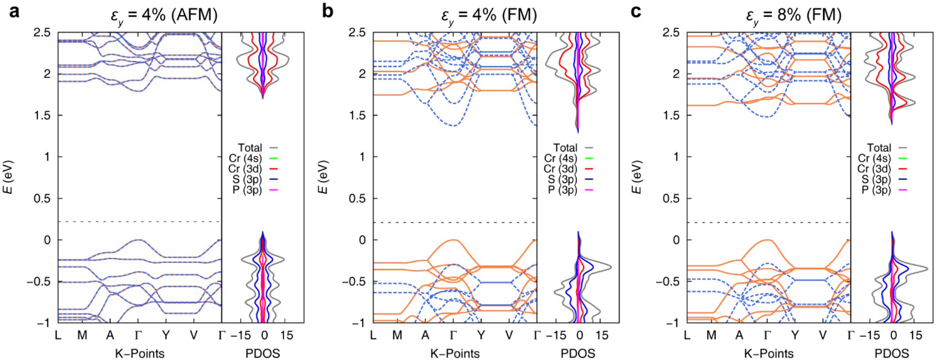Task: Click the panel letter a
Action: point(15,11)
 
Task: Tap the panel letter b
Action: point(327,11)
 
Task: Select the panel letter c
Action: point(636,11)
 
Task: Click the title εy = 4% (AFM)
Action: point(164,16)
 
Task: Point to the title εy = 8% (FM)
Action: point(794,16)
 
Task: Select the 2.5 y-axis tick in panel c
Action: point(671,33)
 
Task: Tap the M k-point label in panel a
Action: point(82,335)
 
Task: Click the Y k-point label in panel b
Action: point(481,335)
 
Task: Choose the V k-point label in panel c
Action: point(822,335)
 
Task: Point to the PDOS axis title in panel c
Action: point(892,353)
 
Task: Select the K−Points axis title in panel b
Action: point(455,353)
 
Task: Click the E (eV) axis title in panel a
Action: point(8,177)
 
